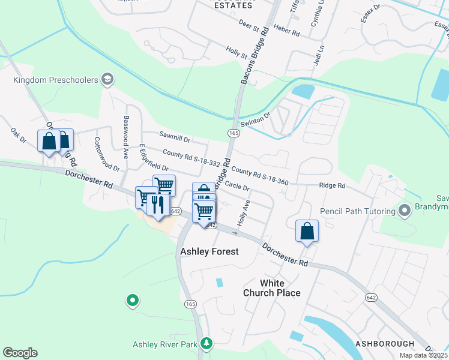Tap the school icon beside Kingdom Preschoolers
tap(107, 79)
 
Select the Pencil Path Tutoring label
tap(357, 211)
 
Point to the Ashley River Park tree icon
tap(206, 343)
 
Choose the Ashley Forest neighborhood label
tap(209, 252)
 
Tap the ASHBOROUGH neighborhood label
tap(385, 344)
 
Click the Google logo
tap(20, 353)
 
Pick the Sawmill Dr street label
tap(174, 137)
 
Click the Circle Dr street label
tap(237, 188)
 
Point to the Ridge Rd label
tap(332, 186)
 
